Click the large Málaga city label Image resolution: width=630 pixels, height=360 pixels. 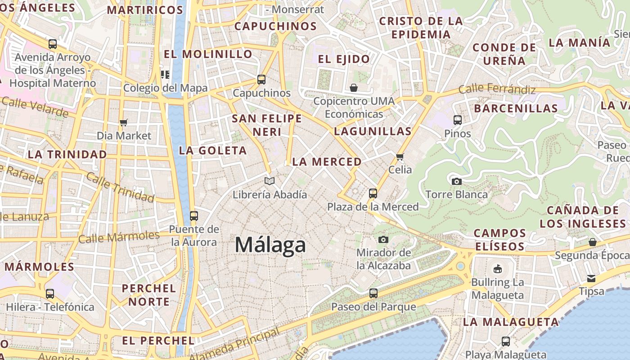tap(270, 245)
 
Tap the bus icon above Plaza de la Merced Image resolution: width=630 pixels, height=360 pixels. tap(373, 193)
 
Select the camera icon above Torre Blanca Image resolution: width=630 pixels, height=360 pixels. tap(457, 181)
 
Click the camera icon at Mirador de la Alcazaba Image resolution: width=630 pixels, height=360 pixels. tap(383, 239)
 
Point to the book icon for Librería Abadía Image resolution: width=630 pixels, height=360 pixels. tap(270, 181)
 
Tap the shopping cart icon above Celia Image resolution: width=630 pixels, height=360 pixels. tap(400, 157)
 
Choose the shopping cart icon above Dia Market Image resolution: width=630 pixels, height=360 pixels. tap(124, 122)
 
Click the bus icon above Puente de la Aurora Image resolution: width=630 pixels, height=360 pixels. tap(194, 216)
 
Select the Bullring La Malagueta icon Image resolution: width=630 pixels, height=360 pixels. tap(497, 269)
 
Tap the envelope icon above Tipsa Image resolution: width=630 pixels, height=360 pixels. tap(591, 279)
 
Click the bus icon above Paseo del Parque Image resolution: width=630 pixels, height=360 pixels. tap(373, 293)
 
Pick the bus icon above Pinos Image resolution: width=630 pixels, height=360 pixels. tap(458, 120)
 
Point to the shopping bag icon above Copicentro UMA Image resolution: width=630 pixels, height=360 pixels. tap(354, 87)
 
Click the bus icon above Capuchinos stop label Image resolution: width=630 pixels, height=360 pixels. tap(261, 80)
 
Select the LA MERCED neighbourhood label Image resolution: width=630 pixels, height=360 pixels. tap(327, 162)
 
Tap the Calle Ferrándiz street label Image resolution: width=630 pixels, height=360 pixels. tap(497, 89)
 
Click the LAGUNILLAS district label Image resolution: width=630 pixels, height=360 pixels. tap(373, 131)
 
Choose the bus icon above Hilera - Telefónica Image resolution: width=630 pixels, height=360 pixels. tap(50, 294)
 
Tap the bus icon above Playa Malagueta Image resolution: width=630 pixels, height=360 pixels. tap(506, 342)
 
